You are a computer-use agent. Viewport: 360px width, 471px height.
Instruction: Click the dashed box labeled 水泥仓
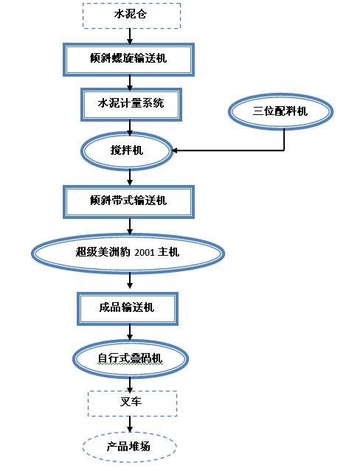tap(130, 15)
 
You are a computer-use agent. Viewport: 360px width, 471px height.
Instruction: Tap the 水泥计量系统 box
tap(131, 104)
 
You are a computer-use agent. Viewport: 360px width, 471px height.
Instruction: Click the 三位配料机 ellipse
tap(280, 111)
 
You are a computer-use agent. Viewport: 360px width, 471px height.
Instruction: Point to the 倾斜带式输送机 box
tap(130, 200)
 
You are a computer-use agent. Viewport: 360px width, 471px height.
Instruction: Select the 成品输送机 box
tap(128, 307)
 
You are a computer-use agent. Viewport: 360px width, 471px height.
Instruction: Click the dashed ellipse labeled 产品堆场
tap(130, 447)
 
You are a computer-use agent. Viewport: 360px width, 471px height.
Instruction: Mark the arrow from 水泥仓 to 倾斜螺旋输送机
tap(130, 36)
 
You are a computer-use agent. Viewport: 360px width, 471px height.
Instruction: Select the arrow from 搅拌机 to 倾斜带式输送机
tap(130, 176)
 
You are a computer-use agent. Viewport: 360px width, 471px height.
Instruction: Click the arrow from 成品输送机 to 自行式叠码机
tap(130, 333)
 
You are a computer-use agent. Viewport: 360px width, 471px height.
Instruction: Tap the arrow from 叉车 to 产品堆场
tap(130, 424)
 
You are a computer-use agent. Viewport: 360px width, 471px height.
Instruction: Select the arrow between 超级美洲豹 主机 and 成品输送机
tap(130, 281)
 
